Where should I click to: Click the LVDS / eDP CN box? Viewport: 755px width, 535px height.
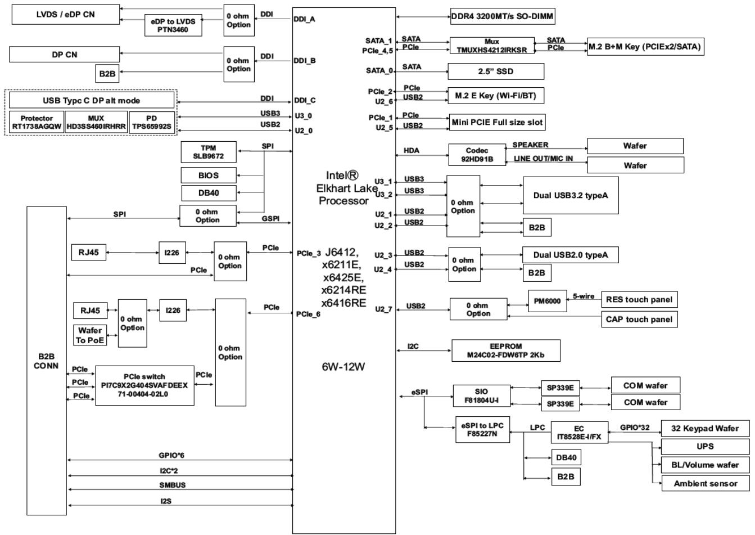tap(66, 14)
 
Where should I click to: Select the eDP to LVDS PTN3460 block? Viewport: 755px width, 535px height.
tap(173, 25)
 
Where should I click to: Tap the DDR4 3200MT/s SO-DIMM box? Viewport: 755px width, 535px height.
tap(503, 16)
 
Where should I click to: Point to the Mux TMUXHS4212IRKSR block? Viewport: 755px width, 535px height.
tap(492, 46)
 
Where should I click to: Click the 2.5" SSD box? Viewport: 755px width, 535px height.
tap(496, 71)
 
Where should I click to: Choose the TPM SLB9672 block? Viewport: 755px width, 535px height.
tap(209, 152)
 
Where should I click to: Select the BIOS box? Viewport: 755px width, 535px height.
tap(209, 176)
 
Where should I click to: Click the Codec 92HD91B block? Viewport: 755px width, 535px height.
tap(477, 155)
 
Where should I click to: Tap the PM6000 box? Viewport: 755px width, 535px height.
tap(548, 300)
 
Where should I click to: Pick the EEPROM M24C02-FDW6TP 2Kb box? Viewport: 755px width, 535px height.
tap(506, 350)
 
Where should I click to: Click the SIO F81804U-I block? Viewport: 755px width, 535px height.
tap(482, 395)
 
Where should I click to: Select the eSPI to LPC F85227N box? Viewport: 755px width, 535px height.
tap(483, 429)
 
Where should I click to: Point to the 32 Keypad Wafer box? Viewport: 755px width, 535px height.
tap(705, 429)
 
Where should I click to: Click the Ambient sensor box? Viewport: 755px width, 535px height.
tap(706, 483)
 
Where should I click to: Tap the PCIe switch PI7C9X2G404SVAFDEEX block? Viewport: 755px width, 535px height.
tap(144, 385)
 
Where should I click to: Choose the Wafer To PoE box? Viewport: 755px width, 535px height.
tap(90, 335)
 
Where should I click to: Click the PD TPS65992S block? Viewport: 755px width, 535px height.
tap(152, 123)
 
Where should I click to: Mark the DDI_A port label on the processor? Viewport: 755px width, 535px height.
tap(304, 19)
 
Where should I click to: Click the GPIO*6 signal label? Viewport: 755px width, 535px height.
tap(171, 455)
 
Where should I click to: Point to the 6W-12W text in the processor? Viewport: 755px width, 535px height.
tap(343, 367)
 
